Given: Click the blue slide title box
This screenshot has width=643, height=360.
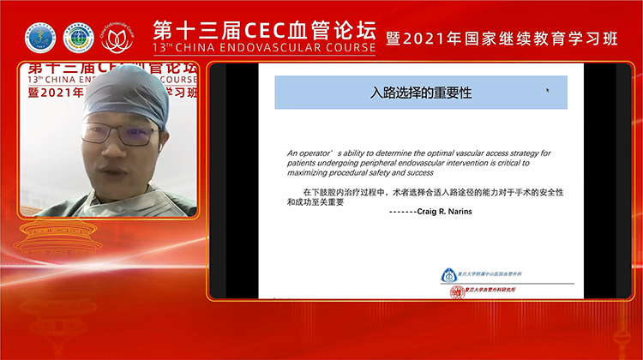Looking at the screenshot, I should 420,93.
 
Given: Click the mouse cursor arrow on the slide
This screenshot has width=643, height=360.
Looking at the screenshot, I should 548,89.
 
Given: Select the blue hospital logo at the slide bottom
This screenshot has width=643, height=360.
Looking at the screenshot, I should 448,275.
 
